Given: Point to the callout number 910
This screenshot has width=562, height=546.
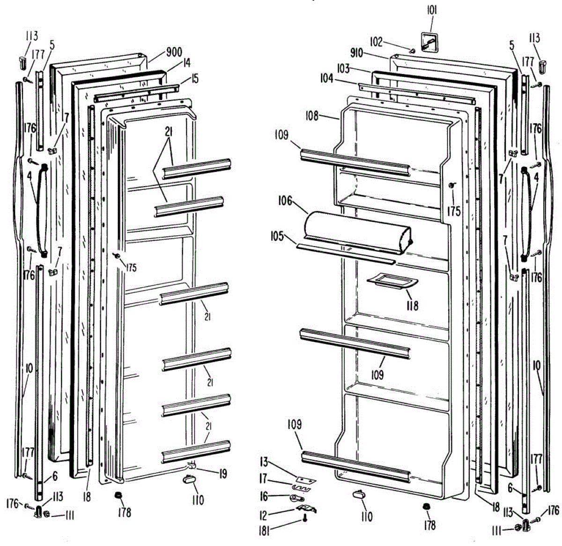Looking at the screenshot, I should click(x=356, y=53).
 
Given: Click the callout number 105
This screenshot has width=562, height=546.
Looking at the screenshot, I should click(x=277, y=236).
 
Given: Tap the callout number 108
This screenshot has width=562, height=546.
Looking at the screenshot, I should click(x=312, y=115).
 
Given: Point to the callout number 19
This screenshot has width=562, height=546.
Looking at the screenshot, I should click(x=223, y=474).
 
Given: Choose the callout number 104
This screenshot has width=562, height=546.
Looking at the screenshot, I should click(x=327, y=79).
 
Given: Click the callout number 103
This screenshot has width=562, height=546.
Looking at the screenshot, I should click(x=343, y=68).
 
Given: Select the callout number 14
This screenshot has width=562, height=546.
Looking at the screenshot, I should click(x=187, y=62).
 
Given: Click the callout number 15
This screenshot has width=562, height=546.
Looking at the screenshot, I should click(x=194, y=79).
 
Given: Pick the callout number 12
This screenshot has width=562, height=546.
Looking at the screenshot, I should click(x=263, y=515).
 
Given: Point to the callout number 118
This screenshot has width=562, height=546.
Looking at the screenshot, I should click(x=413, y=306).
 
